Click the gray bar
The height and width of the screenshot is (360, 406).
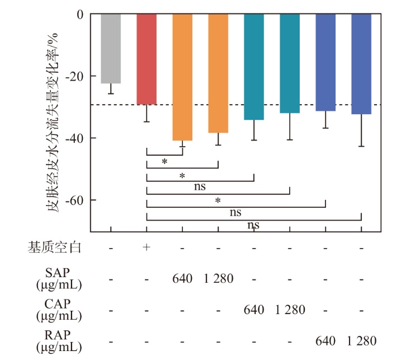(111, 49)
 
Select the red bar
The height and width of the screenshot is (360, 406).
(147, 59)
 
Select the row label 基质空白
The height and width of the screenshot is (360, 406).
(55, 247)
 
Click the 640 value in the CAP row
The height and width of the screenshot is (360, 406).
(254, 310)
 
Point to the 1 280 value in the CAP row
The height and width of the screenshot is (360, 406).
(290, 310)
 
